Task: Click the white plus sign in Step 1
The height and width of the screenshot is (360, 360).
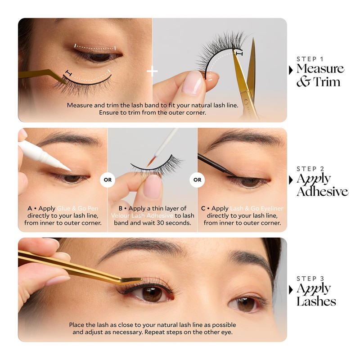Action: point(153,71)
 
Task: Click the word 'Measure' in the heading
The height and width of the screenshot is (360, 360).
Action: point(320,69)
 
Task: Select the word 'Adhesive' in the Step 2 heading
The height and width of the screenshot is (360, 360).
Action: point(322,191)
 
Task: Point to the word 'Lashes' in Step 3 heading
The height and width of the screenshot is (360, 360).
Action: point(316,301)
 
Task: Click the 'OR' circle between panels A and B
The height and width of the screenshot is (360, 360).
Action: point(107,180)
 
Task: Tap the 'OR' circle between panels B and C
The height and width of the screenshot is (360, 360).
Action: point(197,180)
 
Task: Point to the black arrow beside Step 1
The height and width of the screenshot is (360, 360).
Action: point(291,70)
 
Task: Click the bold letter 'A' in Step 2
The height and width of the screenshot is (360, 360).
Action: point(30,209)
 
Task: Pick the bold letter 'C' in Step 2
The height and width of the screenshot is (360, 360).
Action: point(203,209)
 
